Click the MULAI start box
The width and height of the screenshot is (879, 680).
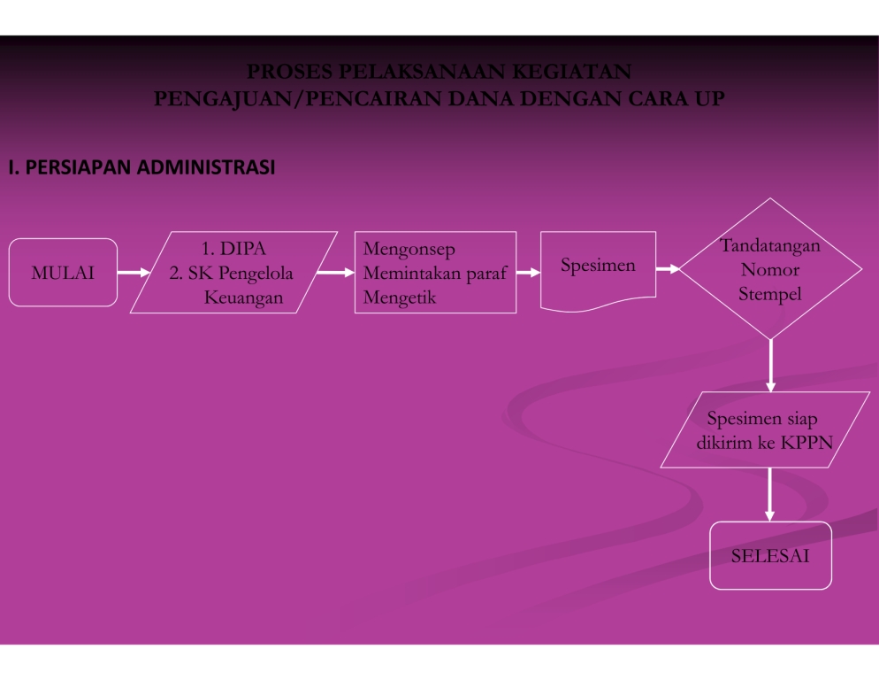63,273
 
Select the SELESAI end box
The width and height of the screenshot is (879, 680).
770,556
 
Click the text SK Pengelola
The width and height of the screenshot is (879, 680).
241,273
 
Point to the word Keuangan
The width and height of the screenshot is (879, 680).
244,297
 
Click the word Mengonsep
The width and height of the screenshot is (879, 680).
409,250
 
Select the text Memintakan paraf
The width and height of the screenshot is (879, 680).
434,274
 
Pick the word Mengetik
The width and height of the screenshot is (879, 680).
400,297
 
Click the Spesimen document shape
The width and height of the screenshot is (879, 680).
598,266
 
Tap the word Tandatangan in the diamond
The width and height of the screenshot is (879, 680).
770,245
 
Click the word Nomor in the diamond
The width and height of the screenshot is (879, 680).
770,269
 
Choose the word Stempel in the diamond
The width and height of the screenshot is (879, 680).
770,294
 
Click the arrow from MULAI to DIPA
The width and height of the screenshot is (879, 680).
134,273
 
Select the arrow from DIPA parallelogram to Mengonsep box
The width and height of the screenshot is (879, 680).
335,273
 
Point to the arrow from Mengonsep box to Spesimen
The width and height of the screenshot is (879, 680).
528,273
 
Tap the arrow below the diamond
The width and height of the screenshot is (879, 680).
770,365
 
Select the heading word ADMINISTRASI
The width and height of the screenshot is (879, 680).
207,166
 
